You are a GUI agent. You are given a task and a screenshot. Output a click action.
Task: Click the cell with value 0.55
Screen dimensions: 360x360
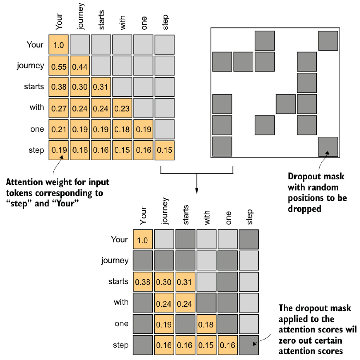58,66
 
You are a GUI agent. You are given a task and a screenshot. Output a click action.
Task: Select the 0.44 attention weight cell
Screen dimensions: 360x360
80,66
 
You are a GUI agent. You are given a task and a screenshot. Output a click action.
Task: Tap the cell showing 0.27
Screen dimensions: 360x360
58,108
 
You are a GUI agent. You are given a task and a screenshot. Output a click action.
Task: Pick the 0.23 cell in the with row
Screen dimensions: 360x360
122,108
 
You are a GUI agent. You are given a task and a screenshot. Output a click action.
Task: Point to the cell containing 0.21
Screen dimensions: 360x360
58,130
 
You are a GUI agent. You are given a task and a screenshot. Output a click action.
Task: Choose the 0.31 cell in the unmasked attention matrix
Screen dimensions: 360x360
101,87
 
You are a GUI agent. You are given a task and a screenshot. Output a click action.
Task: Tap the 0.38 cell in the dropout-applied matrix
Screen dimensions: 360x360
143,281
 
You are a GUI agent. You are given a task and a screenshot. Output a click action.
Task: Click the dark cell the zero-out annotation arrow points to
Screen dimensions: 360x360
249,345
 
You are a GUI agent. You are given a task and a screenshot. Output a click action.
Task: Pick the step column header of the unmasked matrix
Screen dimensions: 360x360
165,23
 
